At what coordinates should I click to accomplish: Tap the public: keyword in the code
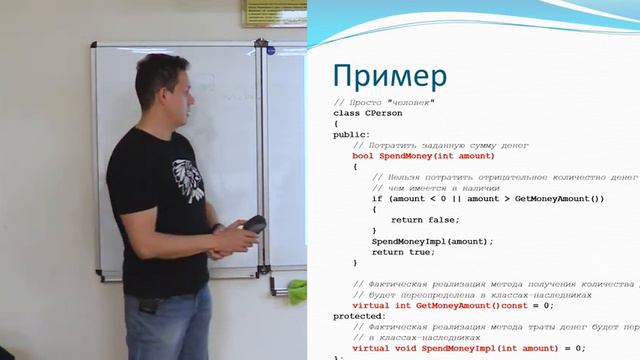(x=352, y=134)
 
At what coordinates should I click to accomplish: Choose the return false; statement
(x=425, y=219)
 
